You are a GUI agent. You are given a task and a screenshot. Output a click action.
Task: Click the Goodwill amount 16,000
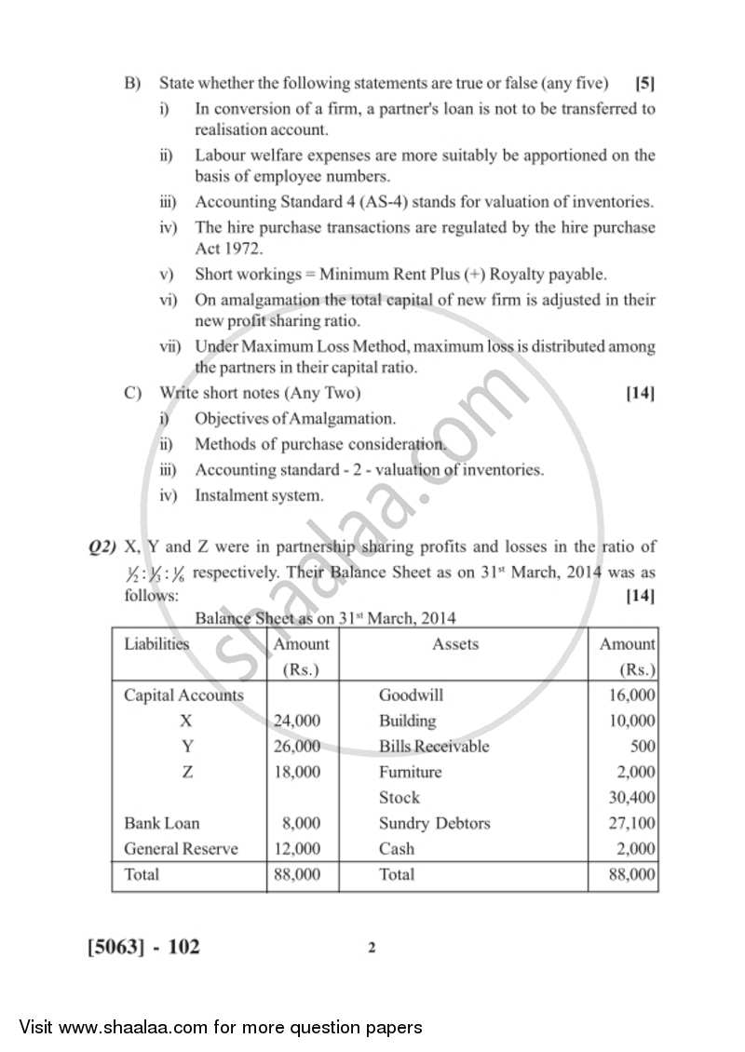click(631, 695)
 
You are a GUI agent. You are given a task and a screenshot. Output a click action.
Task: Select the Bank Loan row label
click(161, 823)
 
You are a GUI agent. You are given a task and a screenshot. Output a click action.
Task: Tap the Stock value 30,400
click(631, 798)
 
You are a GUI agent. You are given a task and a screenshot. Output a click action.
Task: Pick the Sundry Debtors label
click(434, 823)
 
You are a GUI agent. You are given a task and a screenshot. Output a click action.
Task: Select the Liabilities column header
click(156, 644)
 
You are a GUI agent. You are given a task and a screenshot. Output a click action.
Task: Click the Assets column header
click(455, 644)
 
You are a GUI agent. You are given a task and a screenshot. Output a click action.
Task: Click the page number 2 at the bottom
click(372, 949)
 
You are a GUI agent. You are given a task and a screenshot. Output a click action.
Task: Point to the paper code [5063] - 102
click(143, 948)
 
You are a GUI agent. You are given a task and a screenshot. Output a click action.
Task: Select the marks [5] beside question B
click(644, 83)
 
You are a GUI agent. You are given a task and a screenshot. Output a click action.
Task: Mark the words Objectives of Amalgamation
click(294, 419)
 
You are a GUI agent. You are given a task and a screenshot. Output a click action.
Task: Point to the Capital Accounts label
click(183, 695)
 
